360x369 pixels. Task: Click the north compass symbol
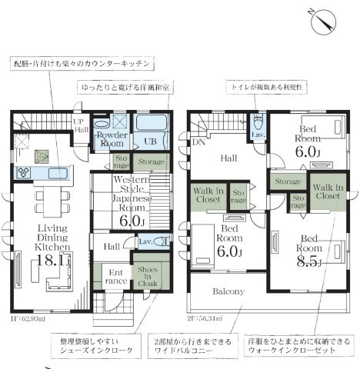coord(322,22)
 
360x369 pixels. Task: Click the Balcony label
coord(228,291)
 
